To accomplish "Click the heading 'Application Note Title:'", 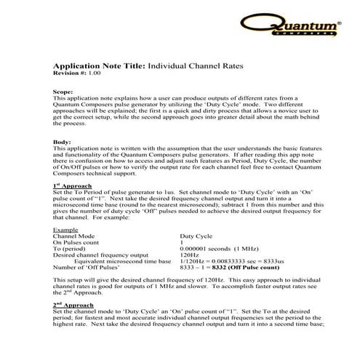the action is point(99,66).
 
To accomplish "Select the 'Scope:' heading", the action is point(63,92).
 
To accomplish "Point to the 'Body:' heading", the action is point(63,140).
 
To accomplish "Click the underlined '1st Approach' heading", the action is point(73,186).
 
